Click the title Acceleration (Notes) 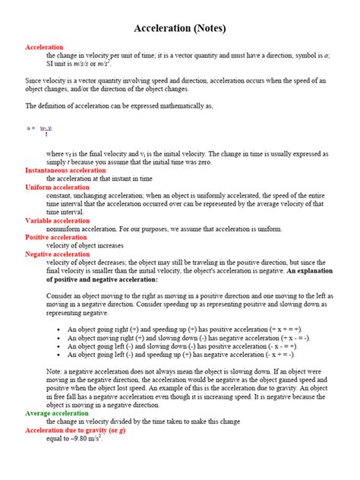(x=180, y=28)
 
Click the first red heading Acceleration (x=44, y=47)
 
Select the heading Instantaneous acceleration (x=65, y=170)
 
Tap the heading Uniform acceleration (x=57, y=187)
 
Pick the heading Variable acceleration (x=58, y=220)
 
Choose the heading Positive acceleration (x=58, y=237)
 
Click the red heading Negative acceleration (x=59, y=254)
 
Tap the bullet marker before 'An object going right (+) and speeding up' (x=60, y=330)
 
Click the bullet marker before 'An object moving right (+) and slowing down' (x=60, y=338)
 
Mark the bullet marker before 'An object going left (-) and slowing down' (x=60, y=346)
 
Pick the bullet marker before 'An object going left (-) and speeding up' (x=60, y=355)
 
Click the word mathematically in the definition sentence (x=178, y=106)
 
